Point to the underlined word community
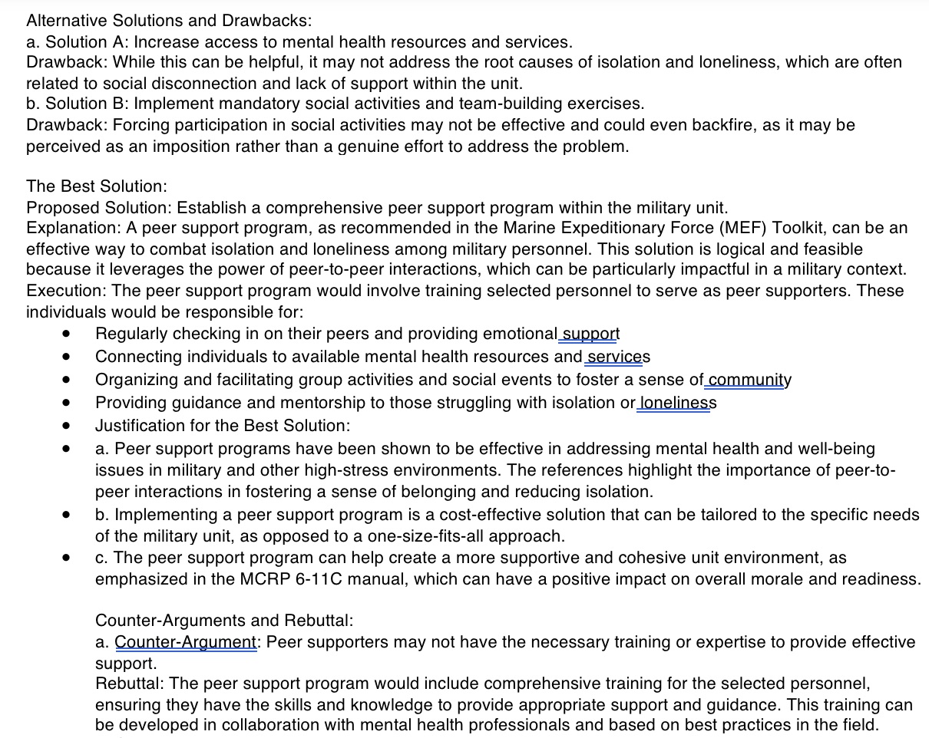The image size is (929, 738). coord(749,380)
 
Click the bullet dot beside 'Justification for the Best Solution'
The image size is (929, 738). coord(68,425)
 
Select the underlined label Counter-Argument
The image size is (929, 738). coord(185,642)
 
